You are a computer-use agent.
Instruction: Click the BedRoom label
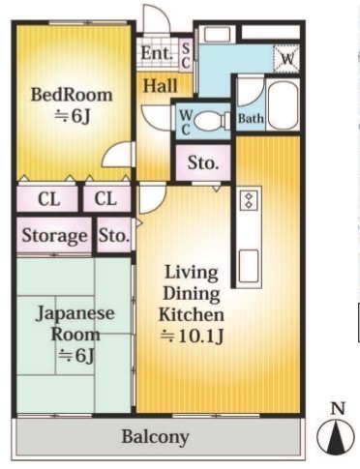point(72,95)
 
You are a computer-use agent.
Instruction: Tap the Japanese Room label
point(75,324)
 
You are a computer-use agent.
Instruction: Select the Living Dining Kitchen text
point(192,293)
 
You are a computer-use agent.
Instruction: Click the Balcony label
point(155,437)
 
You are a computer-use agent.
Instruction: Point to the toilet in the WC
point(212,122)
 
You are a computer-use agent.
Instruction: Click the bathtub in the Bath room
point(283,105)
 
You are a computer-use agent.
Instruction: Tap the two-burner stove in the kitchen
point(249,200)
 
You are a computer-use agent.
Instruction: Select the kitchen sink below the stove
point(249,266)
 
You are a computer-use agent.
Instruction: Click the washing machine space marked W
point(286,58)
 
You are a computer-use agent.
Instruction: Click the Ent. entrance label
point(157,53)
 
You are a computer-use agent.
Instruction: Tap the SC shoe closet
point(186,55)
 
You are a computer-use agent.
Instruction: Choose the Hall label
point(161,86)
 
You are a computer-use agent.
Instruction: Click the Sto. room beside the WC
point(203,162)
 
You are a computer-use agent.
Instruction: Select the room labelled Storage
point(54,235)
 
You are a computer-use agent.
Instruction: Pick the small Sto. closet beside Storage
point(114,235)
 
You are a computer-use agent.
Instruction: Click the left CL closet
point(47,198)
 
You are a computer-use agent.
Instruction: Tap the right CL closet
point(106,198)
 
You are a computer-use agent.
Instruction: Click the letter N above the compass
point(338,409)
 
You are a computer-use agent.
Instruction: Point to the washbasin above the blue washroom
point(218,35)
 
